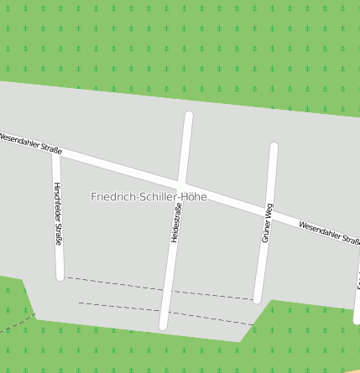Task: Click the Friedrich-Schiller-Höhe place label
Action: pos(149,197)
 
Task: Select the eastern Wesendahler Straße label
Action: pos(329,233)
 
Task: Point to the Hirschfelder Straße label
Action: pos(57,214)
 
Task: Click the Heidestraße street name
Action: pos(176,222)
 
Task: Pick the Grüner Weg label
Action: pos(268,223)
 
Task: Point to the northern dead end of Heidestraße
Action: pos(189,116)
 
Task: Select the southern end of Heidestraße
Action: pos(164,325)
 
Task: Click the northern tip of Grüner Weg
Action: pos(274,148)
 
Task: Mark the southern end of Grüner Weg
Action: pos(258,299)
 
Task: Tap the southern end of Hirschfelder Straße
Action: pos(60,276)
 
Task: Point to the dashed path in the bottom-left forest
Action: pos(17,324)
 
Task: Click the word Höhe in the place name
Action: pos(194,197)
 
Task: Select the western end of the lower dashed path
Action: pos(79,303)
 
